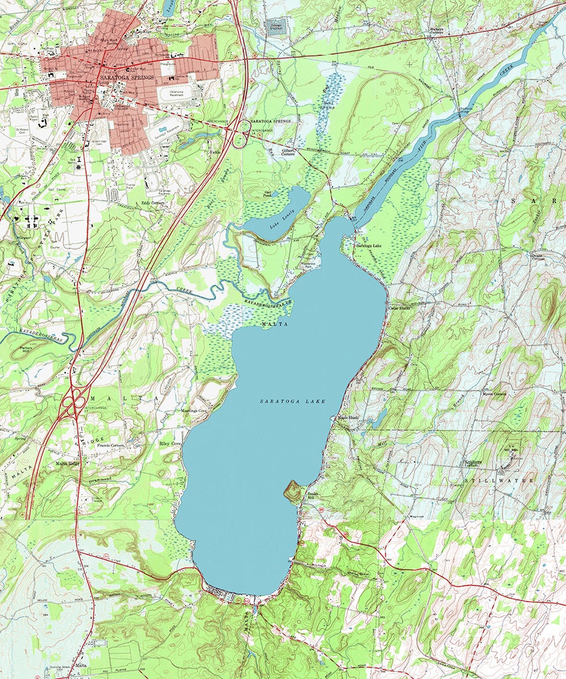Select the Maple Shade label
pyautogui.click(x=348, y=417)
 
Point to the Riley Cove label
pyautogui.click(x=170, y=443)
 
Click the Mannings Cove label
pyautogui.click(x=194, y=411)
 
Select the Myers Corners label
pyautogui.click(x=492, y=394)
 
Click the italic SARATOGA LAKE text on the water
pyautogui.click(x=292, y=400)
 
